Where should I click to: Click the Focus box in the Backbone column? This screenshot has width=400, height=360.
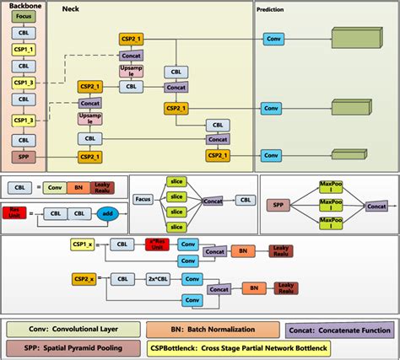(x=24, y=17)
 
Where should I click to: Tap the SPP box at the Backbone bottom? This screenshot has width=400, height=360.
(x=24, y=156)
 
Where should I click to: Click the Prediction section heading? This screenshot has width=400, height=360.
(x=270, y=9)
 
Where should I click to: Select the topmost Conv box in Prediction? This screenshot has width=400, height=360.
(x=272, y=40)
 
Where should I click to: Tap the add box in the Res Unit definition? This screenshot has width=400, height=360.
(x=105, y=214)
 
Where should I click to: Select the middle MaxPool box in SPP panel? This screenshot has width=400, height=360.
(x=329, y=203)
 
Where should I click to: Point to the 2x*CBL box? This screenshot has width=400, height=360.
(x=159, y=278)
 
